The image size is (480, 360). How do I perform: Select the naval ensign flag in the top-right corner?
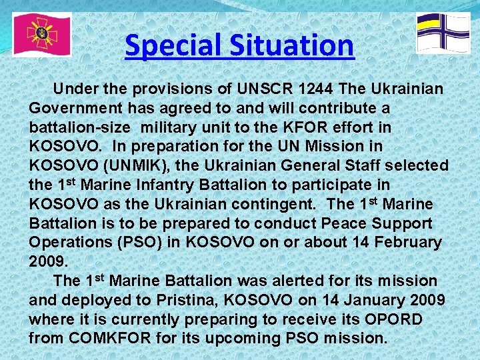[x=443, y=33]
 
